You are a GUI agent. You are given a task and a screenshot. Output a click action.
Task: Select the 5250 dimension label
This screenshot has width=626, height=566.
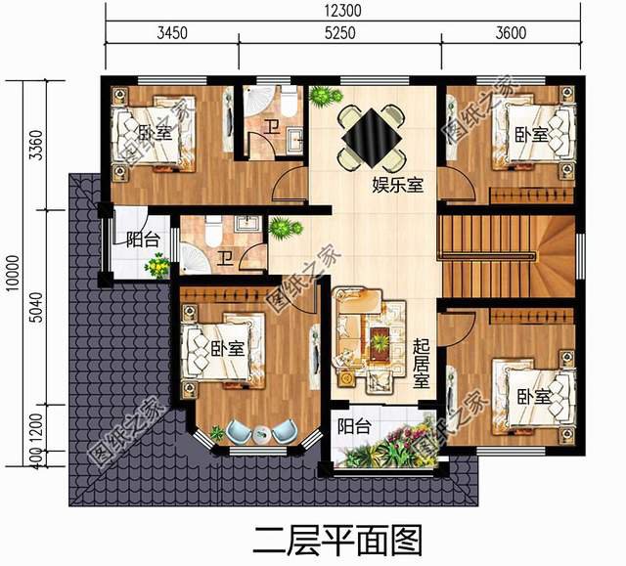[340, 32]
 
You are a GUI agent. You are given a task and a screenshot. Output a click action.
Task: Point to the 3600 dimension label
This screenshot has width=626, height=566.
[511, 32]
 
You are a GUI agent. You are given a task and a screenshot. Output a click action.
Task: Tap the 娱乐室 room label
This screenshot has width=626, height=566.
[397, 184]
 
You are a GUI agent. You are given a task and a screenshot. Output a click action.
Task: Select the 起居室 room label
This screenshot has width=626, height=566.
[422, 363]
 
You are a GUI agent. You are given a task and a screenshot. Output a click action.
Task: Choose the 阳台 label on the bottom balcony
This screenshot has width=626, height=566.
[354, 426]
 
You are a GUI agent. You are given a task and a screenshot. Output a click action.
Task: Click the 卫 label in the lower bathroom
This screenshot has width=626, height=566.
[225, 258]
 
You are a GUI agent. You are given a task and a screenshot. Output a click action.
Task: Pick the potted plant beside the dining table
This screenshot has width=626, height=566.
[324, 97]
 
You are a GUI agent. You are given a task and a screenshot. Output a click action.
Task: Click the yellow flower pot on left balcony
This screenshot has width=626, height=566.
[156, 266]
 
